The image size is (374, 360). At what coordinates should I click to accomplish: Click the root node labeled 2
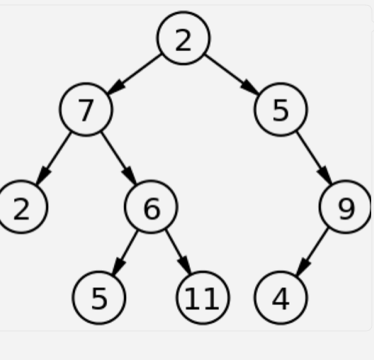pyautogui.click(x=183, y=38)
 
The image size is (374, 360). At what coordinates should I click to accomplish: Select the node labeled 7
pyautogui.click(x=86, y=110)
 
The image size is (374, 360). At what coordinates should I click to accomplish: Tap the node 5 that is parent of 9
pyautogui.click(x=280, y=110)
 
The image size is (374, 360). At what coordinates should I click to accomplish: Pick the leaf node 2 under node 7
pyautogui.click(x=21, y=207)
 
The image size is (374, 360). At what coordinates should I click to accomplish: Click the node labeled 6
pyautogui.click(x=151, y=207)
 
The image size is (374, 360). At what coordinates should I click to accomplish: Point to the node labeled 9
pyautogui.click(x=346, y=207)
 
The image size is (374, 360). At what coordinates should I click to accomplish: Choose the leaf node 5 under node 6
pyautogui.click(x=98, y=298)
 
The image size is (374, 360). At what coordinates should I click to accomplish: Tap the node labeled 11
pyautogui.click(x=203, y=298)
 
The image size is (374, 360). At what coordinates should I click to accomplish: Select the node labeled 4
pyautogui.click(x=280, y=298)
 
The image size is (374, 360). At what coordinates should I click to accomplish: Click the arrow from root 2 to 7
pyautogui.click(x=135, y=74)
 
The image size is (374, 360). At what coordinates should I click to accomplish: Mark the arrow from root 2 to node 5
pyautogui.click(x=232, y=74)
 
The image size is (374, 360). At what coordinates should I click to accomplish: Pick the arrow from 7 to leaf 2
pyautogui.click(x=53, y=158)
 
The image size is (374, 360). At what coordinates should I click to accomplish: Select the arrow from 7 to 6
pyautogui.click(x=118, y=158)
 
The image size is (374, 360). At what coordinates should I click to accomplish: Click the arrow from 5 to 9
pyautogui.click(x=314, y=158)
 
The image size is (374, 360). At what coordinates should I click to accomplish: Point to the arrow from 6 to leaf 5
pyautogui.click(x=125, y=252)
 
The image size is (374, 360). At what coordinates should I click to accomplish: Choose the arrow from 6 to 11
pyautogui.click(x=178, y=252)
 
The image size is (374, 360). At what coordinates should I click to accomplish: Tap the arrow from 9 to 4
pyautogui.click(x=312, y=252)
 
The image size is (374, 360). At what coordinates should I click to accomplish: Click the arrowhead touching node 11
pyautogui.click(x=186, y=265)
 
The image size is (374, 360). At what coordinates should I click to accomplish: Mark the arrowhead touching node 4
pyautogui.click(x=302, y=266)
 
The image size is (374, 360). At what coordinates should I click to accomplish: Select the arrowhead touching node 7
pyautogui.click(x=116, y=87)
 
